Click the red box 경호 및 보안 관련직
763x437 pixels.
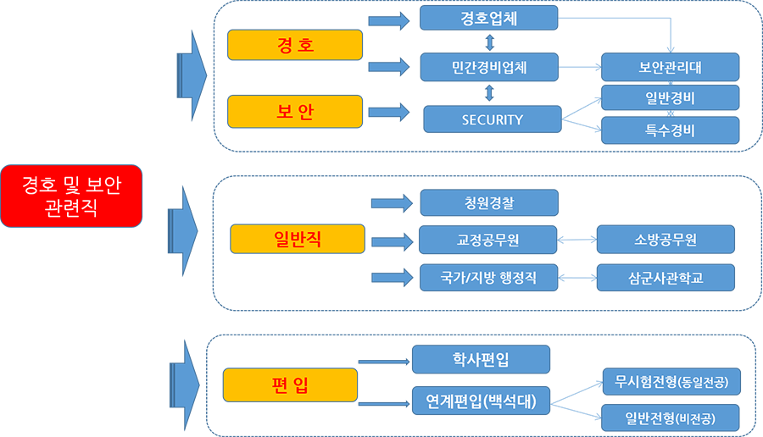tap(70, 196)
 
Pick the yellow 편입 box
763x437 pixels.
tap(289, 385)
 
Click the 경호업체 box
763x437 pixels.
tap(488, 19)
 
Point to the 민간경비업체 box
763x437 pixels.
tap(489, 68)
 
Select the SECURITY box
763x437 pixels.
tap(492, 119)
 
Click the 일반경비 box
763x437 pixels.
tap(669, 97)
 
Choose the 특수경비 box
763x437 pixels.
tap(669, 130)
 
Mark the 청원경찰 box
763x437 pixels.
tap(489, 202)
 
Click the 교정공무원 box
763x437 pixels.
tap(487, 240)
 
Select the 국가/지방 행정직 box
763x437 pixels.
tap(487, 277)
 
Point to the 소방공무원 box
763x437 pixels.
tap(666, 240)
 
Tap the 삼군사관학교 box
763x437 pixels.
tap(666, 277)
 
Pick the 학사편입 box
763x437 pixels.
tap(481, 360)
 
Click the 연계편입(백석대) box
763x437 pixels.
tap(481, 400)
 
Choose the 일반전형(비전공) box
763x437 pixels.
tap(670, 418)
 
